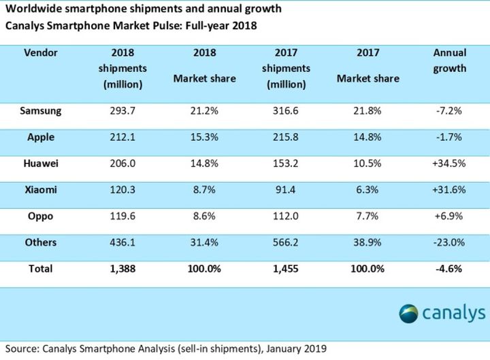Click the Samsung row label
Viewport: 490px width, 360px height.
pos(45,110)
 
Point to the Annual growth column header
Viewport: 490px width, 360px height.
pos(449,60)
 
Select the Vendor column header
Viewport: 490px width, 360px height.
pos(40,52)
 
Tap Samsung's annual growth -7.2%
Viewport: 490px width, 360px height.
pos(449,110)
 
